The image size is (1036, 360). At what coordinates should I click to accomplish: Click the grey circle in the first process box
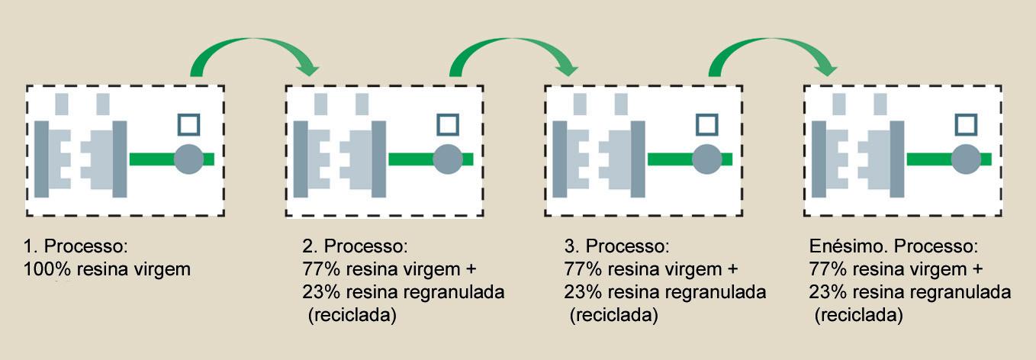[189, 159]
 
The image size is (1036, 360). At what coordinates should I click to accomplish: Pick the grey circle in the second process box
[448, 159]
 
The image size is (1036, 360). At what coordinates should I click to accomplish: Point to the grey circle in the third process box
[707, 159]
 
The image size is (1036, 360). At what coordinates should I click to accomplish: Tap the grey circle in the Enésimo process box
[967, 159]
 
